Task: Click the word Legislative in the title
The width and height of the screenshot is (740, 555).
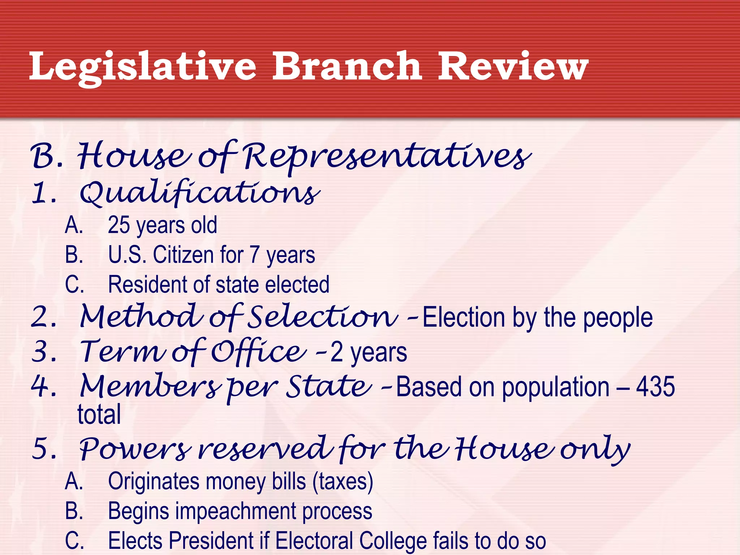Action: pyautogui.click(x=143, y=67)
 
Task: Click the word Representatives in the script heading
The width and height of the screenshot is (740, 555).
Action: pyautogui.click(x=387, y=157)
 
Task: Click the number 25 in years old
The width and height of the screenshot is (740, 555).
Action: pyautogui.click(x=119, y=225)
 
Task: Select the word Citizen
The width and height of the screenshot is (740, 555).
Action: pyautogui.click(x=184, y=255)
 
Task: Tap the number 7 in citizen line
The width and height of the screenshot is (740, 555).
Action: pyautogui.click(x=254, y=255)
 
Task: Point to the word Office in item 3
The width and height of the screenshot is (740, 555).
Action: pyautogui.click(x=258, y=352)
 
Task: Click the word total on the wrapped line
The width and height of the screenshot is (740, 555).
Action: pyautogui.click(x=99, y=414)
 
